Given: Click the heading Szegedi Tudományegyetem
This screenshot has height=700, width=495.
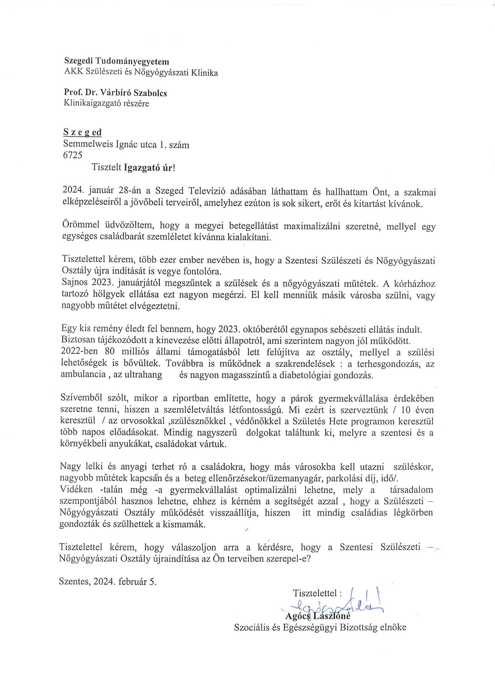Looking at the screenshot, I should [x=117, y=62].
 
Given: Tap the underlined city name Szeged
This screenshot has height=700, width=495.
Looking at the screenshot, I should [x=83, y=133].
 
